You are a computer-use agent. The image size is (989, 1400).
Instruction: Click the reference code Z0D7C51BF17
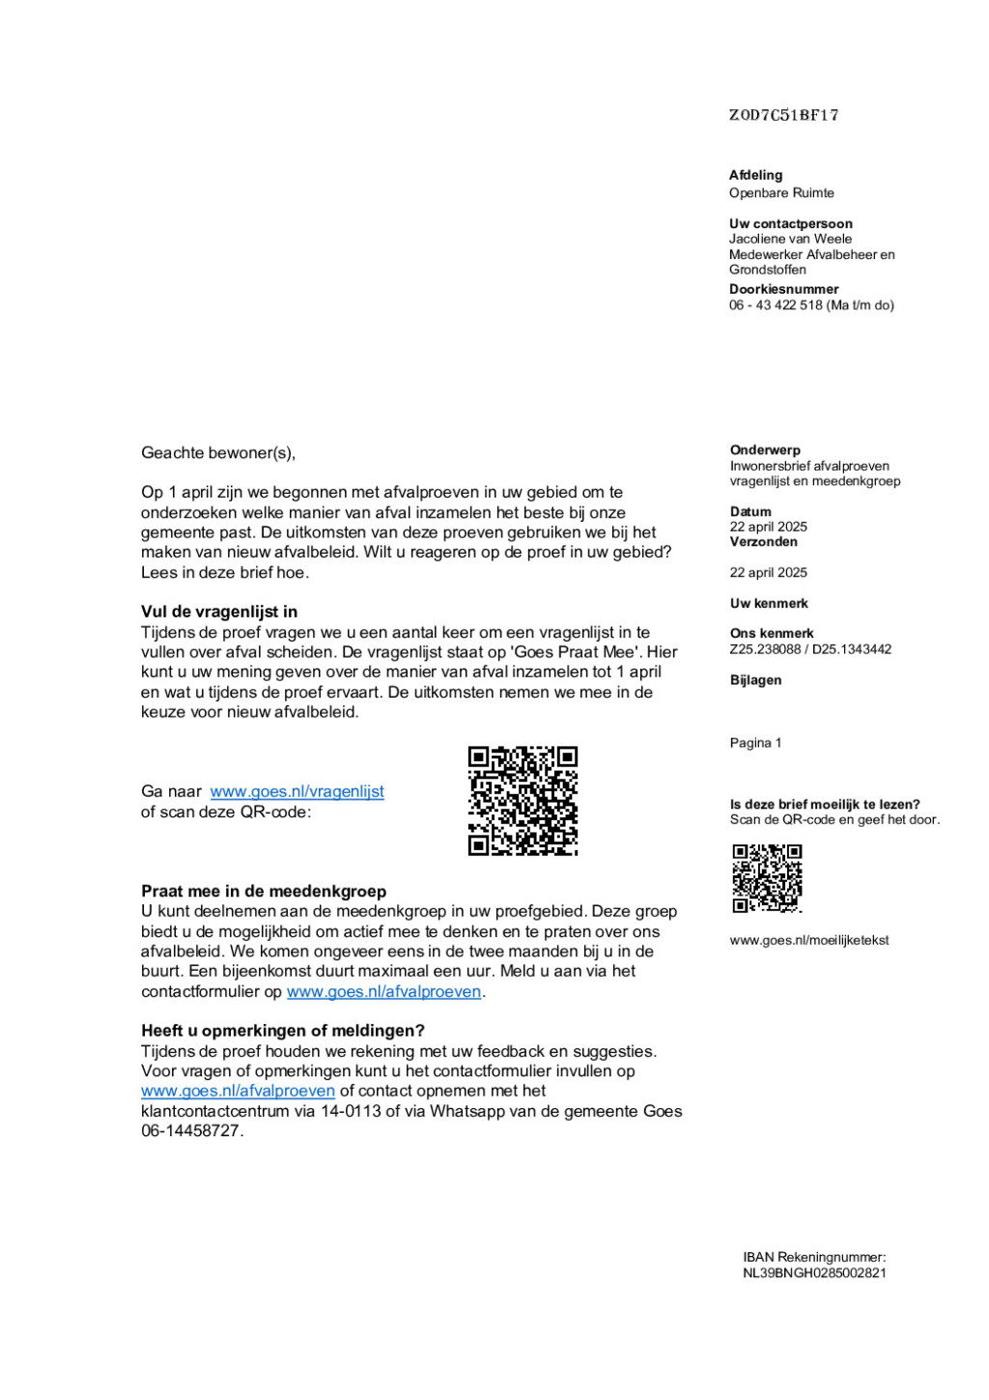783,115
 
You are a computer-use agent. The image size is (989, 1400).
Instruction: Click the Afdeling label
755,175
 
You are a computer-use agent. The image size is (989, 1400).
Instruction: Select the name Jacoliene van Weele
790,239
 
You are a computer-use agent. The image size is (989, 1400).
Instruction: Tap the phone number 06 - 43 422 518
776,305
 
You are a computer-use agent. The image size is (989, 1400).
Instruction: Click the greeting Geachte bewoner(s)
218,453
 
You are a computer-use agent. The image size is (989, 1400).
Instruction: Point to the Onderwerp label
765,450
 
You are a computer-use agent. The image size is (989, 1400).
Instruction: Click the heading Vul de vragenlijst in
219,612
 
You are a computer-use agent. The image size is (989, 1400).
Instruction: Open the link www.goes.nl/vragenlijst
297,791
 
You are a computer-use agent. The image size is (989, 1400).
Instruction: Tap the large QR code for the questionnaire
523,800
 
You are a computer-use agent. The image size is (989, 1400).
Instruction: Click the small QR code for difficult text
767,878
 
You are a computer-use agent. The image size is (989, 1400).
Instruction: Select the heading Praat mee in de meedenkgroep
264,891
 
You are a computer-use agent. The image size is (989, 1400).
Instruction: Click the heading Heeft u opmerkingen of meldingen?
283,1031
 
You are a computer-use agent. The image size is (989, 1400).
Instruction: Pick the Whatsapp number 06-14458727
191,1131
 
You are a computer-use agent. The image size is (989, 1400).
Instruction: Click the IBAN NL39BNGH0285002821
814,1273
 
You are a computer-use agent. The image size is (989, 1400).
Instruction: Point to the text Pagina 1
755,743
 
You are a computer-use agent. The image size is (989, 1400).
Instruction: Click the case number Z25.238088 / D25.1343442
810,649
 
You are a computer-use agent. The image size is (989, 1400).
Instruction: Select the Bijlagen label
755,680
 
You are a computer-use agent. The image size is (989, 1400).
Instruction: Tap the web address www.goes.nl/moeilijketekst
808,940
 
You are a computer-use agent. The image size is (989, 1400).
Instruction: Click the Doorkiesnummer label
783,289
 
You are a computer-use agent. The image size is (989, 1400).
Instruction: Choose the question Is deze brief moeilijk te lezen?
825,804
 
